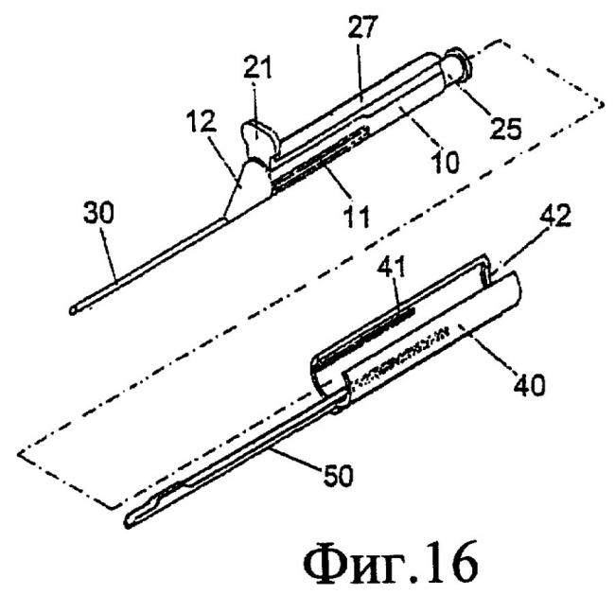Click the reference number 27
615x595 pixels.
(x=362, y=27)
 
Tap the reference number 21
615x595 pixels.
(x=257, y=66)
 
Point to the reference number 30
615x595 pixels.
(x=98, y=213)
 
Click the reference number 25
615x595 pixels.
(x=505, y=128)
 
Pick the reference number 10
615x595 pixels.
(x=445, y=161)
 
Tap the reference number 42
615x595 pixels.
(x=554, y=215)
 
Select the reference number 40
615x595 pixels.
(x=529, y=383)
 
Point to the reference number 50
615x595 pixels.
(x=338, y=474)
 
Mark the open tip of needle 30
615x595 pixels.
(x=74, y=310)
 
